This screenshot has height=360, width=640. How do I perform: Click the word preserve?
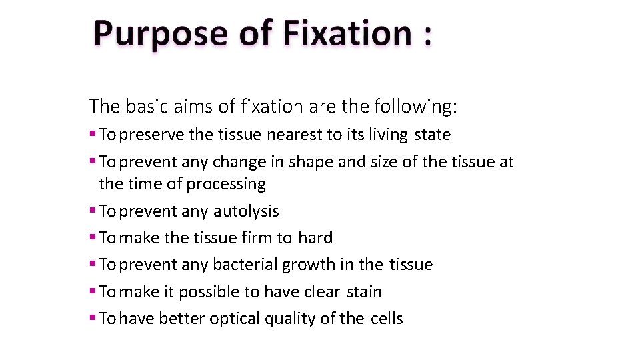pyautogui.click(x=153, y=135)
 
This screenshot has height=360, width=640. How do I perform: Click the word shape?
pyautogui.click(x=313, y=162)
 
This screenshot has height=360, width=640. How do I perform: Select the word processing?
pyautogui.click(x=226, y=184)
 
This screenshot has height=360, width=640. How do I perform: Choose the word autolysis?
pyautogui.click(x=246, y=211)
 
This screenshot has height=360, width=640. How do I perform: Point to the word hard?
pyautogui.click(x=315, y=238)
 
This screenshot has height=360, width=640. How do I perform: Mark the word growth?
pyautogui.click(x=309, y=265)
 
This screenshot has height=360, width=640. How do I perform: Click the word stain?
pyautogui.click(x=365, y=292)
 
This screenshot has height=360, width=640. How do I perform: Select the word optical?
pyautogui.click(x=235, y=319)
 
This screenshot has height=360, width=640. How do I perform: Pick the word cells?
pyautogui.click(x=387, y=319)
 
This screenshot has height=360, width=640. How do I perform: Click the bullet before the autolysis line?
pyautogui.click(x=93, y=211)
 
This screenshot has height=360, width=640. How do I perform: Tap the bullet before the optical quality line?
pyautogui.click(x=93, y=319)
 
